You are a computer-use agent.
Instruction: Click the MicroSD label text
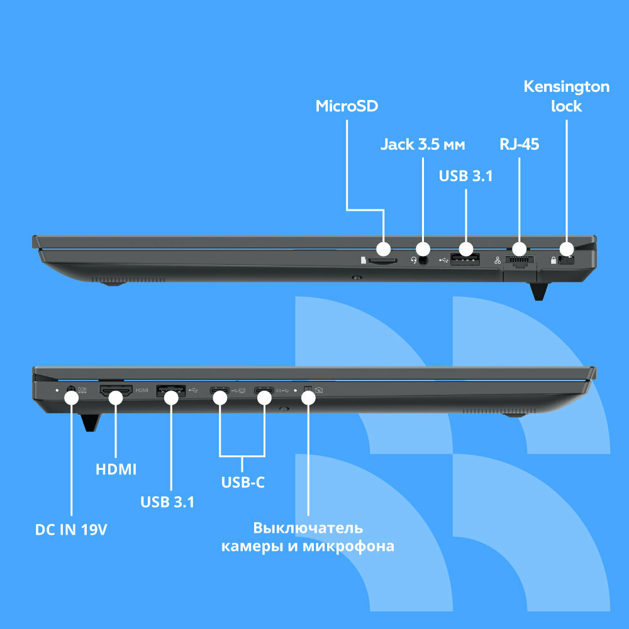tap(347, 106)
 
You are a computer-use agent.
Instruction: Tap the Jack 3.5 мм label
tap(422, 145)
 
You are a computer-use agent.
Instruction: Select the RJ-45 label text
tap(520, 145)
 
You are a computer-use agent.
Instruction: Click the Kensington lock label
tap(566, 96)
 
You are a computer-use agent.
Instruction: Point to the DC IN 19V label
tap(71, 530)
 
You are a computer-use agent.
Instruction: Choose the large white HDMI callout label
tap(116, 469)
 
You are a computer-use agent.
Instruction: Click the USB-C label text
tap(243, 482)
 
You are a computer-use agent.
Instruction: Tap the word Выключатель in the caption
tap(308, 527)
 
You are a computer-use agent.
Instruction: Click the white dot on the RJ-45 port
tap(520, 249)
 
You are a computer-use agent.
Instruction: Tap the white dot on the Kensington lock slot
tap(566, 249)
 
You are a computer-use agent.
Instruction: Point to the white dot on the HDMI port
tap(116, 397)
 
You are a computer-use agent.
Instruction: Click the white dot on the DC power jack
tap(71, 397)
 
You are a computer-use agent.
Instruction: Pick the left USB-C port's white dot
tap(220, 397)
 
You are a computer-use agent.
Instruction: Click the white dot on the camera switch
tap(308, 397)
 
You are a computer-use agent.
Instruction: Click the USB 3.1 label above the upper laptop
tap(465, 176)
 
